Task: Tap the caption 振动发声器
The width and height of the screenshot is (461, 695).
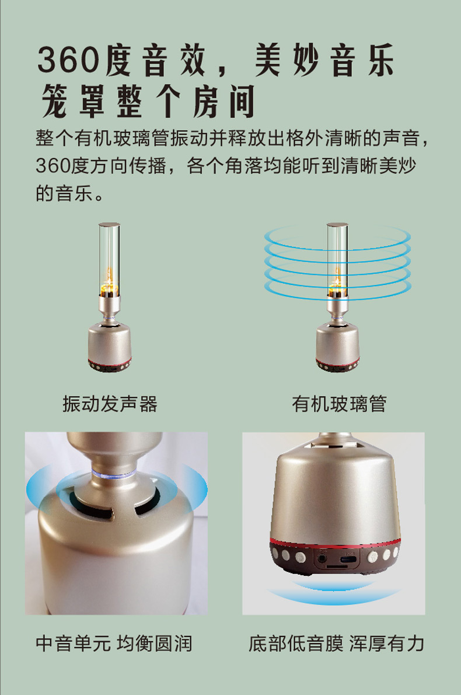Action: [110, 404]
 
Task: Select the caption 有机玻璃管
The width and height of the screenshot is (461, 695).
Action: [339, 404]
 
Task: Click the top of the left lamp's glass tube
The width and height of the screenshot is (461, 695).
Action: [109, 225]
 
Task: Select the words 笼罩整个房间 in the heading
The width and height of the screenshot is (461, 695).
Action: [149, 102]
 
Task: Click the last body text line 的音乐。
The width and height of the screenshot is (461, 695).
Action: [69, 193]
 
